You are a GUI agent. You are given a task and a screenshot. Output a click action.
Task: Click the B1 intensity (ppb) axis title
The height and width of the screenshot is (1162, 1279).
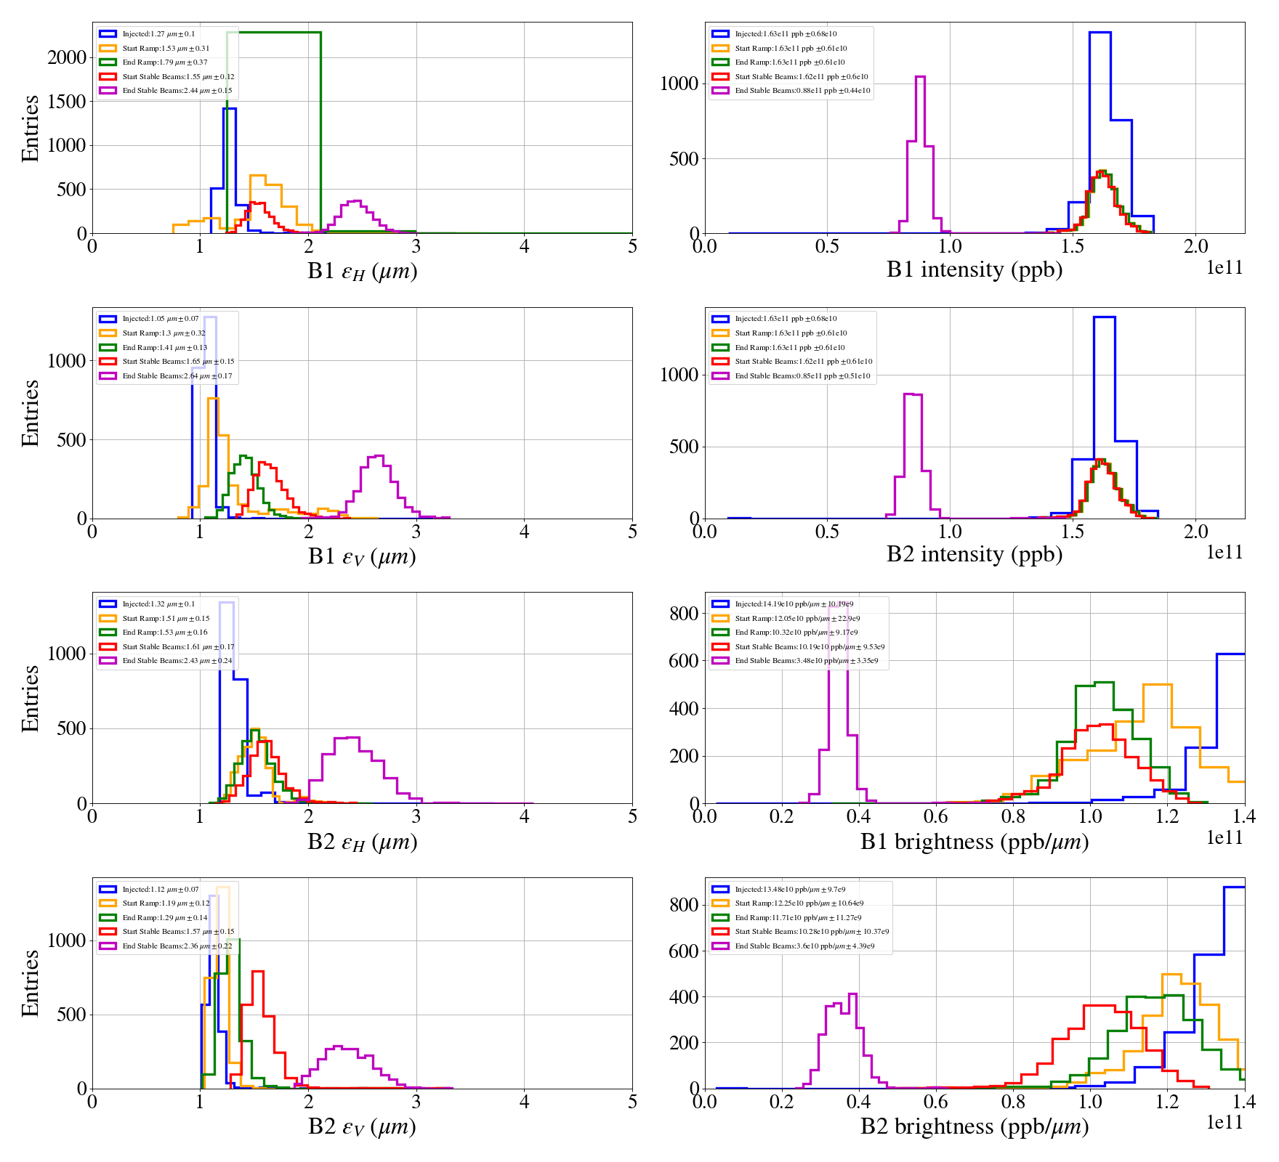tap(974, 270)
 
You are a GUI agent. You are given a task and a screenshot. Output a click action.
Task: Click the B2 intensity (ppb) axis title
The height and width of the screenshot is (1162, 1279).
tap(974, 555)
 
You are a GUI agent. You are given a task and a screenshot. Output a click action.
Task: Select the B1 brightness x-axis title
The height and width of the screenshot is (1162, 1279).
tap(974, 842)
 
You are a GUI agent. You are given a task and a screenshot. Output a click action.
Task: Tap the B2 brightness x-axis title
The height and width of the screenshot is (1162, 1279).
tap(974, 1126)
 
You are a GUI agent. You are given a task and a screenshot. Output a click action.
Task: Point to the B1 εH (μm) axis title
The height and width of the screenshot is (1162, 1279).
tap(362, 272)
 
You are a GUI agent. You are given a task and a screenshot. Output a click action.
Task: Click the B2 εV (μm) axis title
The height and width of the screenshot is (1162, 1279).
tap(362, 1127)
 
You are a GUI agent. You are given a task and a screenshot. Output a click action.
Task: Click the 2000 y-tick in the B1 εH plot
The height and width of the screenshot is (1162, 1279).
tap(67, 57)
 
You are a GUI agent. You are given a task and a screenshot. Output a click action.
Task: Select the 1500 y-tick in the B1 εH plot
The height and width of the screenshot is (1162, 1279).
tap(67, 102)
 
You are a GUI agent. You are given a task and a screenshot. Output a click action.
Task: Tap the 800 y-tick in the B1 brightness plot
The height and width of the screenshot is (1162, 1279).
tap(684, 614)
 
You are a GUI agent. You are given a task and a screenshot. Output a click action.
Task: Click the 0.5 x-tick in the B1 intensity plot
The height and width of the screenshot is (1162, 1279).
tap(827, 247)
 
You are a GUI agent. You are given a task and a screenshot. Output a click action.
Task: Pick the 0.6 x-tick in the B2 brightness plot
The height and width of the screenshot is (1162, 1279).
tap(935, 1102)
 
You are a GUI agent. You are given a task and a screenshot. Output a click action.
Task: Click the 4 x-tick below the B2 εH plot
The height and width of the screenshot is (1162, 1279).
tap(524, 816)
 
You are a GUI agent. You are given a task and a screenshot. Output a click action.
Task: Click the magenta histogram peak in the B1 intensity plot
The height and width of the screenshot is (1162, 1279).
tap(920, 77)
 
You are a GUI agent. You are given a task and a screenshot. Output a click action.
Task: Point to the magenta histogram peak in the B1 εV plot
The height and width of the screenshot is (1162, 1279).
tap(376, 457)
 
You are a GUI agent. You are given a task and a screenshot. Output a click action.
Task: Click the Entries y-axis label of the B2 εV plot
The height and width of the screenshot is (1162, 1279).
tap(31, 983)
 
